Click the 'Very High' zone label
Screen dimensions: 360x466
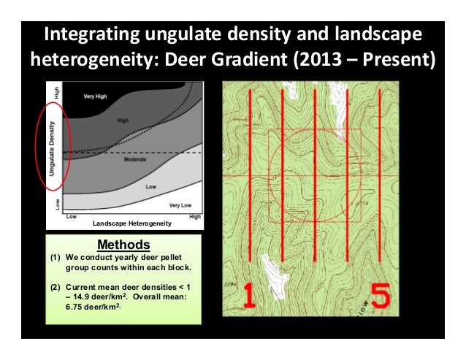pyautogui.click(x=96, y=96)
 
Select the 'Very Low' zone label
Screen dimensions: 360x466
pyautogui.click(x=180, y=206)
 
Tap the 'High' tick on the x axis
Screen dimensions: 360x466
pyautogui.click(x=196, y=216)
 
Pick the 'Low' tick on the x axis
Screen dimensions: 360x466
pyautogui.click(x=72, y=216)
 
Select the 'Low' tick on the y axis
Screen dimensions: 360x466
pyautogui.click(x=58, y=204)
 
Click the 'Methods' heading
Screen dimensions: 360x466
pyautogui.click(x=123, y=244)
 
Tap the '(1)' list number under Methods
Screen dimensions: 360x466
pyautogui.click(x=56, y=257)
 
